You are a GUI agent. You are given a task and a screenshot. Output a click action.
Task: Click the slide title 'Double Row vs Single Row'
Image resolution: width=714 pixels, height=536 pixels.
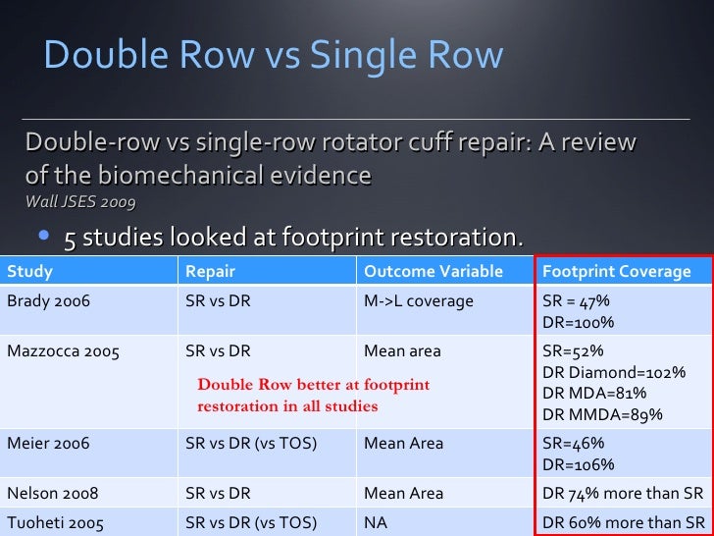pos(273,55)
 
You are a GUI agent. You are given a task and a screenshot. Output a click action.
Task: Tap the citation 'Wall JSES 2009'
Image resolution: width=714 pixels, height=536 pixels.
pos(80,202)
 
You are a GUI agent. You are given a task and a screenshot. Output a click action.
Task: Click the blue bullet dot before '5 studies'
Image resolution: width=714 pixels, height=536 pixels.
pos(45,238)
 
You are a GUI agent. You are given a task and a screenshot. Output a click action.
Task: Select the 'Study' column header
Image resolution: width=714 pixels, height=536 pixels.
pos(30,271)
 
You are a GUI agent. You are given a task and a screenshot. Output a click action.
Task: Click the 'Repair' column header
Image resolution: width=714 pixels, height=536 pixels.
pos(210,271)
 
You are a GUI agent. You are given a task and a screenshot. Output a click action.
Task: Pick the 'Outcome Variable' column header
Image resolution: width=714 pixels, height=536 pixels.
pos(433,271)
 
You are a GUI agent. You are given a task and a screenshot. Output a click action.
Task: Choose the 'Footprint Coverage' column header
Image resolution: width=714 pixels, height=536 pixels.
pos(616,271)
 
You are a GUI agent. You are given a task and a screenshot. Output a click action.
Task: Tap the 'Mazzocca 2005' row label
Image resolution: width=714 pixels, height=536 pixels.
pos(63,350)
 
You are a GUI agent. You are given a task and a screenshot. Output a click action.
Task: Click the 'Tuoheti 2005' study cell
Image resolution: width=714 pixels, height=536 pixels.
pos(53,522)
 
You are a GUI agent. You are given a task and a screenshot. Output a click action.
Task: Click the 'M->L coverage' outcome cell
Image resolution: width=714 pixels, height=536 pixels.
pos(418,301)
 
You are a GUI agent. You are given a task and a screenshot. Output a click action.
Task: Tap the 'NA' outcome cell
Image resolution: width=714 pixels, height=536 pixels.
pos(376,522)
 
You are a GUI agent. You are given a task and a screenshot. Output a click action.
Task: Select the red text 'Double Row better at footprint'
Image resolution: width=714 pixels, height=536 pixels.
pos(313,385)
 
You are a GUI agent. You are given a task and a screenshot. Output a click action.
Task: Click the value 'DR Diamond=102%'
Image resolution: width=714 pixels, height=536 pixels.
pos(613,372)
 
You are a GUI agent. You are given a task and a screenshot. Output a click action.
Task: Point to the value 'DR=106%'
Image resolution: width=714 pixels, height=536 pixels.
pos(578,464)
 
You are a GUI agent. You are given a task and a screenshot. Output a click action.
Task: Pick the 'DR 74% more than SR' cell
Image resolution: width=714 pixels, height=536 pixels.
pos(623,492)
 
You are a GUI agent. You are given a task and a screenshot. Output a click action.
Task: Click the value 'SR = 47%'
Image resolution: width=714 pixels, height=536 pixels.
pos(578,301)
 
